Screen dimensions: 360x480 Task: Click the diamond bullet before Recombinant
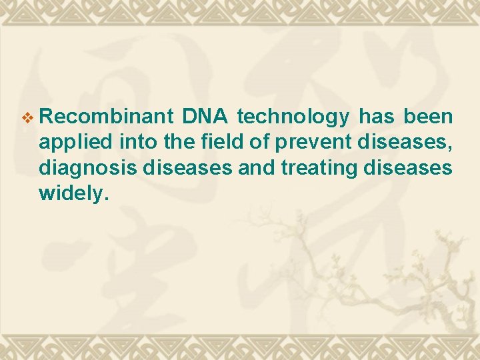(27, 118)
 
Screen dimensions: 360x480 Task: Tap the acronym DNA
(206, 117)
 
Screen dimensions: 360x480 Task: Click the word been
(428, 117)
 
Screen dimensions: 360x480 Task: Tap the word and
(256, 168)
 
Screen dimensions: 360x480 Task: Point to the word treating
(319, 169)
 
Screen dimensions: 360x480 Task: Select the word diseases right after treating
(408, 168)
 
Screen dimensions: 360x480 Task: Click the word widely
(70, 193)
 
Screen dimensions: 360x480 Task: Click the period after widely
(105, 198)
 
